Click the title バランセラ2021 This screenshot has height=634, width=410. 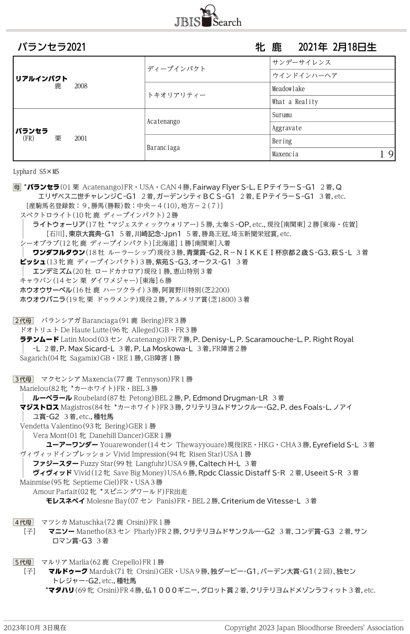click(51, 47)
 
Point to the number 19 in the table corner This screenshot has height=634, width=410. click(387, 154)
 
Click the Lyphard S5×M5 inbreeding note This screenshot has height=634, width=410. click(36, 171)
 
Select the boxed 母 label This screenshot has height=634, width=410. click(17, 187)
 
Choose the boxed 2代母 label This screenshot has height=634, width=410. click(23, 320)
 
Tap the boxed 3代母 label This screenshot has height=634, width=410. click(23, 379)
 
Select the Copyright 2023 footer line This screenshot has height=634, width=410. click(314, 628)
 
